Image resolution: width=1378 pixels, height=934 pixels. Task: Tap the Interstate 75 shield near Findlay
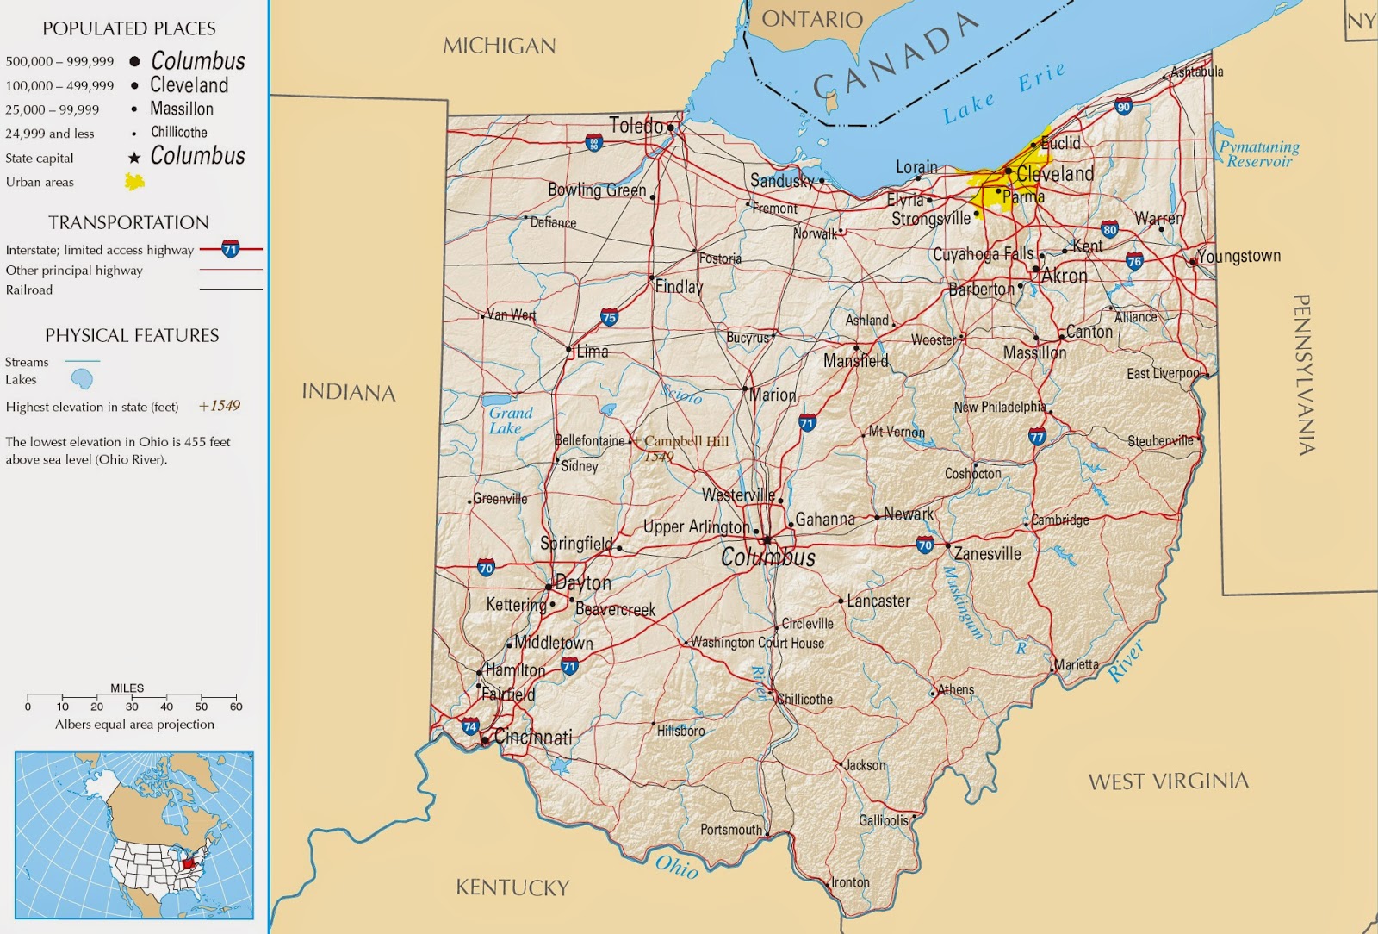[x=609, y=317]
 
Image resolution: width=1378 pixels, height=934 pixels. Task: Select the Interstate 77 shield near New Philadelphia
[x=1037, y=436]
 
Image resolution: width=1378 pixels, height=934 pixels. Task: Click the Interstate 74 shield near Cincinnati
[x=470, y=726]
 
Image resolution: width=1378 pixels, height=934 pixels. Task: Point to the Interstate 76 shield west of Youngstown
[x=1134, y=261]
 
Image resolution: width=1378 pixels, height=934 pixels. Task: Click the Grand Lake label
[x=511, y=420]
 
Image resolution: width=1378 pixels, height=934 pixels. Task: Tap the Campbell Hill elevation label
[x=686, y=441]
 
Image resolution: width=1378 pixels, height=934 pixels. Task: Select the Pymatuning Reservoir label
[x=1259, y=154]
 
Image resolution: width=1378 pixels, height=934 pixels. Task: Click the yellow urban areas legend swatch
[x=134, y=182]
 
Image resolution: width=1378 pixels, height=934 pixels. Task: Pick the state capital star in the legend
[x=134, y=158]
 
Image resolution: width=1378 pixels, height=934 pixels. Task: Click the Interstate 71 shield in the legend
[x=230, y=250]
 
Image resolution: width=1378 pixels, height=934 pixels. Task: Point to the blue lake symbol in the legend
[x=82, y=379]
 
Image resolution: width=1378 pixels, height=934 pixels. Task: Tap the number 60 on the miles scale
[x=236, y=707]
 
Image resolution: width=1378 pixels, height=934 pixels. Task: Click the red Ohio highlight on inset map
[x=189, y=862]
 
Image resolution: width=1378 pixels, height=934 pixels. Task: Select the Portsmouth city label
[x=730, y=830]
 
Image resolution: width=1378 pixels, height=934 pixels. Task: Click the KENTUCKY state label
[x=512, y=887]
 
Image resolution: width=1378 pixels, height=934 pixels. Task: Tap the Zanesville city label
[x=987, y=554]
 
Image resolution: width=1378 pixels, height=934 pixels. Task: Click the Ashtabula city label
[x=1196, y=72]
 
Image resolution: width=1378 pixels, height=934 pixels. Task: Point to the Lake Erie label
[x=1003, y=94]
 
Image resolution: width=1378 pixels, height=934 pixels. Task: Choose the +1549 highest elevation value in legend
[x=220, y=406]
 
